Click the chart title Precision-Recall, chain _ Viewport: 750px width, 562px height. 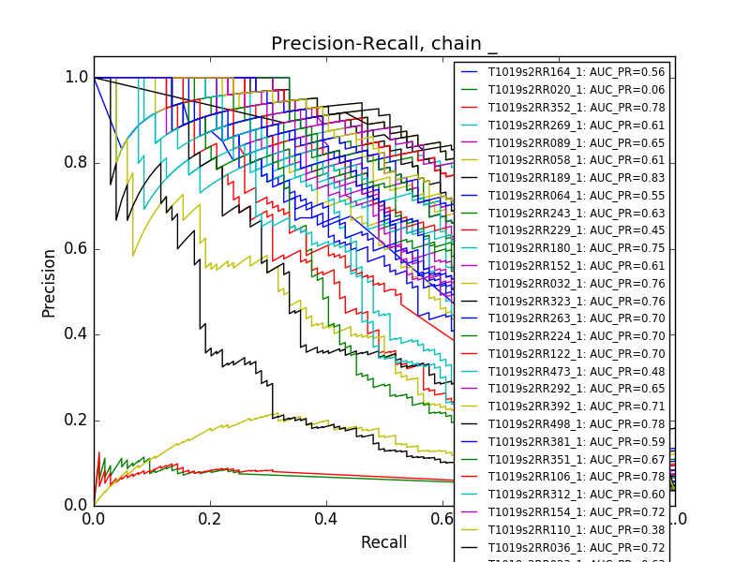(x=383, y=44)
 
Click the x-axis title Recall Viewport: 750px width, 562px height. (x=383, y=542)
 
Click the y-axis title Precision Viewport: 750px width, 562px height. (x=49, y=282)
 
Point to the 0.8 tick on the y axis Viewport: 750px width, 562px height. (x=77, y=163)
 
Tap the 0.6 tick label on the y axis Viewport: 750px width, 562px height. (x=77, y=248)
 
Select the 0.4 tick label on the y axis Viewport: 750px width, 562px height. (x=77, y=334)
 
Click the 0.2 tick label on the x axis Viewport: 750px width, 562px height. (x=210, y=519)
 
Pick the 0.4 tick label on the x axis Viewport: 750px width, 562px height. (x=326, y=519)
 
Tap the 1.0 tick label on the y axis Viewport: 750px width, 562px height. (x=77, y=78)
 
